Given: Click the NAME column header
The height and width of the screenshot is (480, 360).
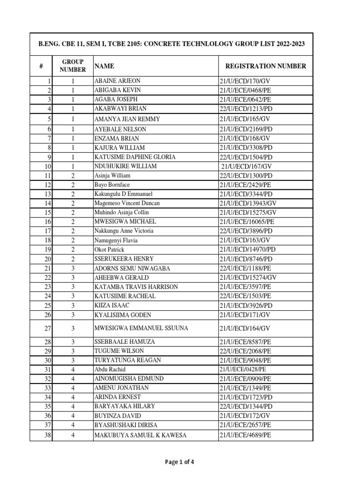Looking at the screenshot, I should point(104,66).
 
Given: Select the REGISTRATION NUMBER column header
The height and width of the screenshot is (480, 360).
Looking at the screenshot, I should point(266,66).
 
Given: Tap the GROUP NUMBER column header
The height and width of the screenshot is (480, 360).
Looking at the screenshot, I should point(73,66).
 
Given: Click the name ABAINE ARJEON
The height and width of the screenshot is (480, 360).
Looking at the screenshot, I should point(117,81).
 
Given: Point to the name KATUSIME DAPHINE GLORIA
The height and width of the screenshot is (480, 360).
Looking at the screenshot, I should point(135,157).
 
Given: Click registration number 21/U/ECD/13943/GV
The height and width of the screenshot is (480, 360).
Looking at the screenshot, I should point(248,203).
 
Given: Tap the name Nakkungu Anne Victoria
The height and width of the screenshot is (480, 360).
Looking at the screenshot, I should point(124,231).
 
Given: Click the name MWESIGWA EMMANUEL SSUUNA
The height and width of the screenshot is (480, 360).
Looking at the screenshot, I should point(141,329).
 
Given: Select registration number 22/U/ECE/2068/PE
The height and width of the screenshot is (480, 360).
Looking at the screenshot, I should point(245,351).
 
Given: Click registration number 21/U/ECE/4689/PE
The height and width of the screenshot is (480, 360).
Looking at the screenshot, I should point(245,435).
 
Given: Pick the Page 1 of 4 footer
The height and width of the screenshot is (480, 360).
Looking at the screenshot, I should point(180,462).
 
